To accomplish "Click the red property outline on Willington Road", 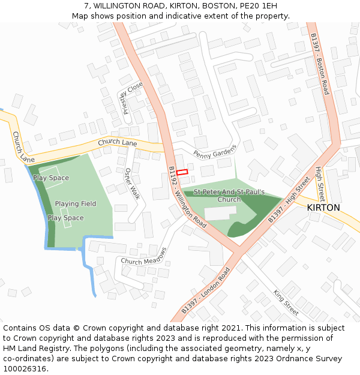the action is click(182, 172).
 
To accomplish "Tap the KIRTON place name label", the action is click(323, 208).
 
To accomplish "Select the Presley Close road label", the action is click(132, 98).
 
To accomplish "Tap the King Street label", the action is click(286, 303).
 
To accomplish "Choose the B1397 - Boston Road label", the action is click(320, 63).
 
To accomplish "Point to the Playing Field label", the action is click(76, 204).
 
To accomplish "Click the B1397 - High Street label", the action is click(289, 200).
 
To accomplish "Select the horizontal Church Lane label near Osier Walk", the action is click(118, 143).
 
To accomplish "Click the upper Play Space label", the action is click(51, 178).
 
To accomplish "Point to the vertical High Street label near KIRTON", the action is click(321, 184).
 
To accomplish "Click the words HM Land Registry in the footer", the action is click(32, 348).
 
